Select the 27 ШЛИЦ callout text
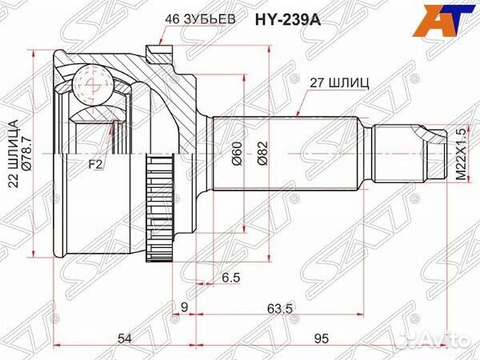pyautogui.click(x=334, y=82)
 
